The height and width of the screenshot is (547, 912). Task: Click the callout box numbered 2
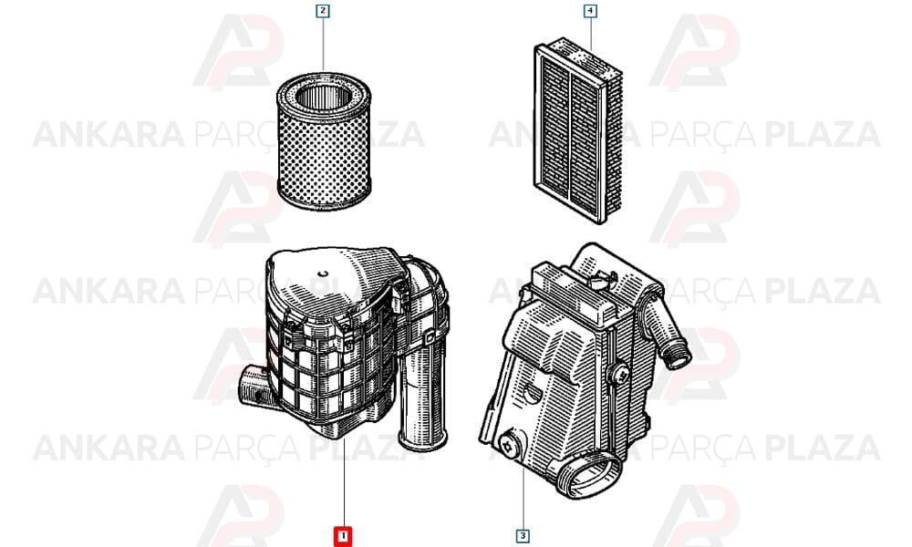[323, 10]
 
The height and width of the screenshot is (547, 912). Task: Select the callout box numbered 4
[590, 10]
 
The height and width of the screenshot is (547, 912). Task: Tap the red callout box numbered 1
[343, 536]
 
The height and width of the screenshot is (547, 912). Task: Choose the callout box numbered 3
[523, 536]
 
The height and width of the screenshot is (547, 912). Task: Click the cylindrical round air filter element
[324, 141]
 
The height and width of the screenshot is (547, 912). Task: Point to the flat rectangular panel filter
[577, 130]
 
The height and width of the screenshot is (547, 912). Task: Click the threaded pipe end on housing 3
[679, 353]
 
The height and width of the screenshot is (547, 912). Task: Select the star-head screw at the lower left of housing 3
[508, 446]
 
